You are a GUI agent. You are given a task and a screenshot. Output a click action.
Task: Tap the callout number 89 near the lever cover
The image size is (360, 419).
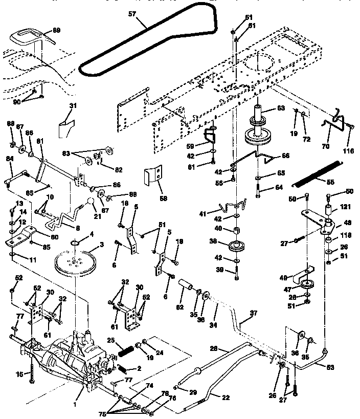pyautogui.click(x=56, y=31)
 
